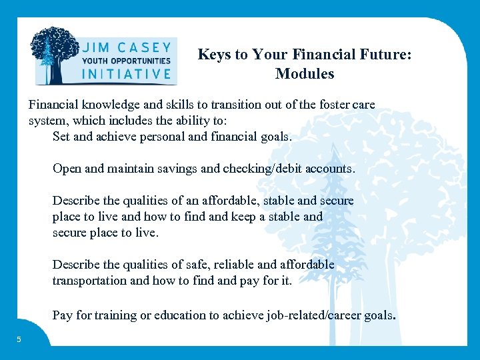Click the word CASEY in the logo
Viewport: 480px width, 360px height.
145,48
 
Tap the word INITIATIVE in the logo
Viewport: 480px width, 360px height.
126,74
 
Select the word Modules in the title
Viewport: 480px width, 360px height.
305,74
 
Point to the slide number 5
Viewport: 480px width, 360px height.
19,339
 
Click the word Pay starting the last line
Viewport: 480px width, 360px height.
63,315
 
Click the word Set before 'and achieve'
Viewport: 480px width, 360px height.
62,137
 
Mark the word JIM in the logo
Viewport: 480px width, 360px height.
97,48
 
